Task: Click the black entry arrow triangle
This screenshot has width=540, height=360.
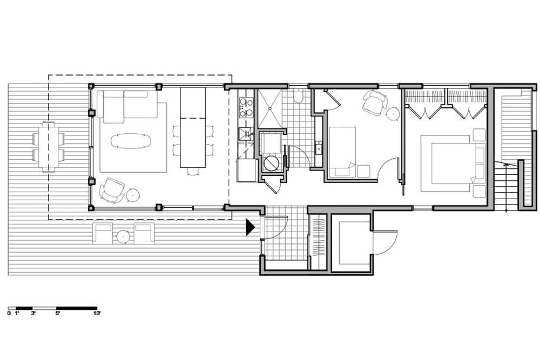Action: [249, 227]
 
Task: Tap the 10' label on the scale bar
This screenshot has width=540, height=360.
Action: [97, 314]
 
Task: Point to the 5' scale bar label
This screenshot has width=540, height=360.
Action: [58, 314]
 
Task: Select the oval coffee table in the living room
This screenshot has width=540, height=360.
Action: [131, 141]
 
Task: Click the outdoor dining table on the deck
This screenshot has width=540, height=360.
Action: [48, 147]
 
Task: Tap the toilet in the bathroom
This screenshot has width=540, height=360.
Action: [298, 96]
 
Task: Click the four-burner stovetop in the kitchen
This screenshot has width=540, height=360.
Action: [246, 107]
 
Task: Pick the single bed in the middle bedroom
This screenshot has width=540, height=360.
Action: [342, 152]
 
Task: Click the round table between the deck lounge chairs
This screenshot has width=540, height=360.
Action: [123, 236]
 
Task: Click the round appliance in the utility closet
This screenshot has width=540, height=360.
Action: [271, 163]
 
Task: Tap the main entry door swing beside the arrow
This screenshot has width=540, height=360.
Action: [274, 227]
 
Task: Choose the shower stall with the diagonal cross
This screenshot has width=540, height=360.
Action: [269, 108]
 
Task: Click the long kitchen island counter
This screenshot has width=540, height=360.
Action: [193, 127]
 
